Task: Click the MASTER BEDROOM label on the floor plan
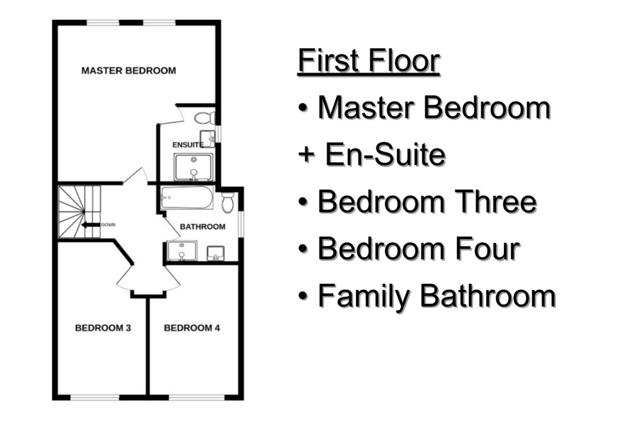point(129,71)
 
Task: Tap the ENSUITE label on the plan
point(188,145)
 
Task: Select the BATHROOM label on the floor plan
point(202,227)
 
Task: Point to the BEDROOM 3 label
point(103,328)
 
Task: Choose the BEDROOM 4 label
point(192,328)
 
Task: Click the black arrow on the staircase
point(90,225)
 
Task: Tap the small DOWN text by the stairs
point(108,225)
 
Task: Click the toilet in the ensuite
point(205,118)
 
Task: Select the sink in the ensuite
point(208,139)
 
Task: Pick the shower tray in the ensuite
point(193,167)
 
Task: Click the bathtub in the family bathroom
point(186,198)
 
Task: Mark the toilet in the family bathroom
point(228,203)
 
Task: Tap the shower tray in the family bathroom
point(182,251)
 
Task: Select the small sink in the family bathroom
point(215,253)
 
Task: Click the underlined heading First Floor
point(369,61)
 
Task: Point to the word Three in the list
point(496,201)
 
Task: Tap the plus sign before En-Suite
point(306,154)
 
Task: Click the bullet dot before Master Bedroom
point(303,108)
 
